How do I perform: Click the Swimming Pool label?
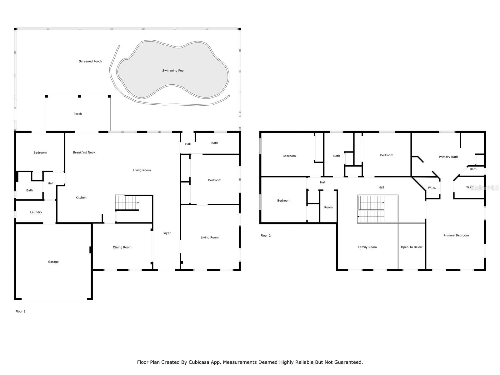[173, 71]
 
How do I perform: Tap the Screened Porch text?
[90, 61]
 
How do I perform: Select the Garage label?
[53, 262]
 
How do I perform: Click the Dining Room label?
[122, 247]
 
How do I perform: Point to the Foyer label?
[167, 233]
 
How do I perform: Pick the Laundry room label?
[36, 212]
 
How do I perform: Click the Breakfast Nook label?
[84, 152]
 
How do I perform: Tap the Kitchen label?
[81, 197]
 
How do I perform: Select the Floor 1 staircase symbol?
[127, 202]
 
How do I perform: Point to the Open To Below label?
[412, 247]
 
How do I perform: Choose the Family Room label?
[367, 247]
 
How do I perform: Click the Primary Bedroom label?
[456, 235]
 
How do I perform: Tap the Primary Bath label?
[448, 157]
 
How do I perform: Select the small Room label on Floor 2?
[328, 207]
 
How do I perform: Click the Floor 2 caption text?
[266, 236]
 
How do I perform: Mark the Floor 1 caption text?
[21, 312]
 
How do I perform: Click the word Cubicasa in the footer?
[199, 362]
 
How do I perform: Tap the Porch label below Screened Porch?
[77, 114]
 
